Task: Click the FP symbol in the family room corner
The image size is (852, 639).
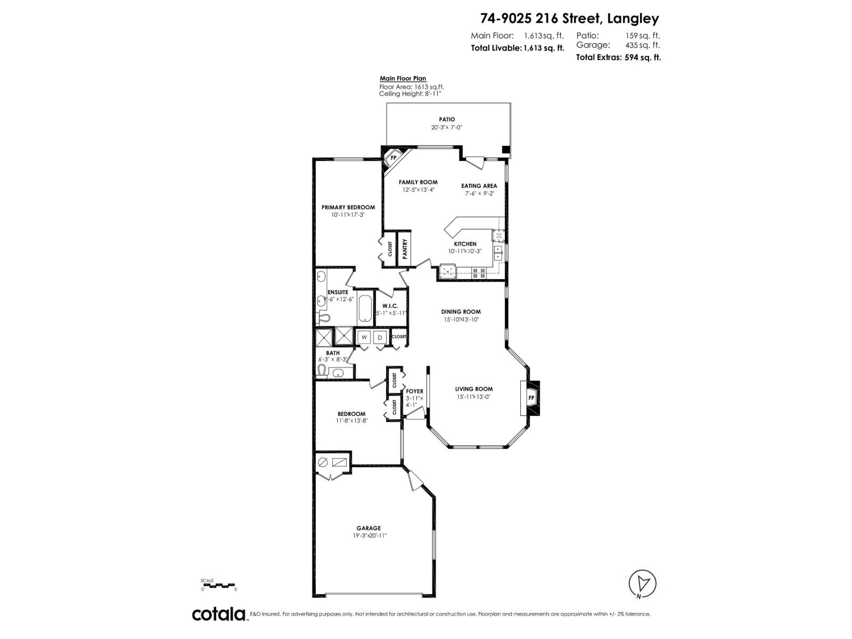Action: (394, 158)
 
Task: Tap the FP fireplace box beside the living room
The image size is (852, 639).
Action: (531, 398)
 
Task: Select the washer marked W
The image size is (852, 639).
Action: (364, 337)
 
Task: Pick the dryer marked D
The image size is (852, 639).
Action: (380, 337)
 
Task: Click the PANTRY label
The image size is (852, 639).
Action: (405, 249)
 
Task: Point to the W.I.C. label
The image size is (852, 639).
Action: (390, 306)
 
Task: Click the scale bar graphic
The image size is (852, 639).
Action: (219, 585)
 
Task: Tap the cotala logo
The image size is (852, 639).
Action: (219, 614)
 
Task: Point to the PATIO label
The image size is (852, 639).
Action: (447, 119)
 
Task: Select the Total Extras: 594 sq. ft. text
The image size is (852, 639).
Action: (618, 58)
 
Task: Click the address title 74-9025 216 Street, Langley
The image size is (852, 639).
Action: (569, 19)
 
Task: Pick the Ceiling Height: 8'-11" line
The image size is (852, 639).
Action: (410, 94)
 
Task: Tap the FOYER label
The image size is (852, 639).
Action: (414, 391)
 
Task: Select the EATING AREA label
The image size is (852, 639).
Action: (479, 186)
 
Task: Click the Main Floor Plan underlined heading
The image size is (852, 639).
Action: (403, 79)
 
